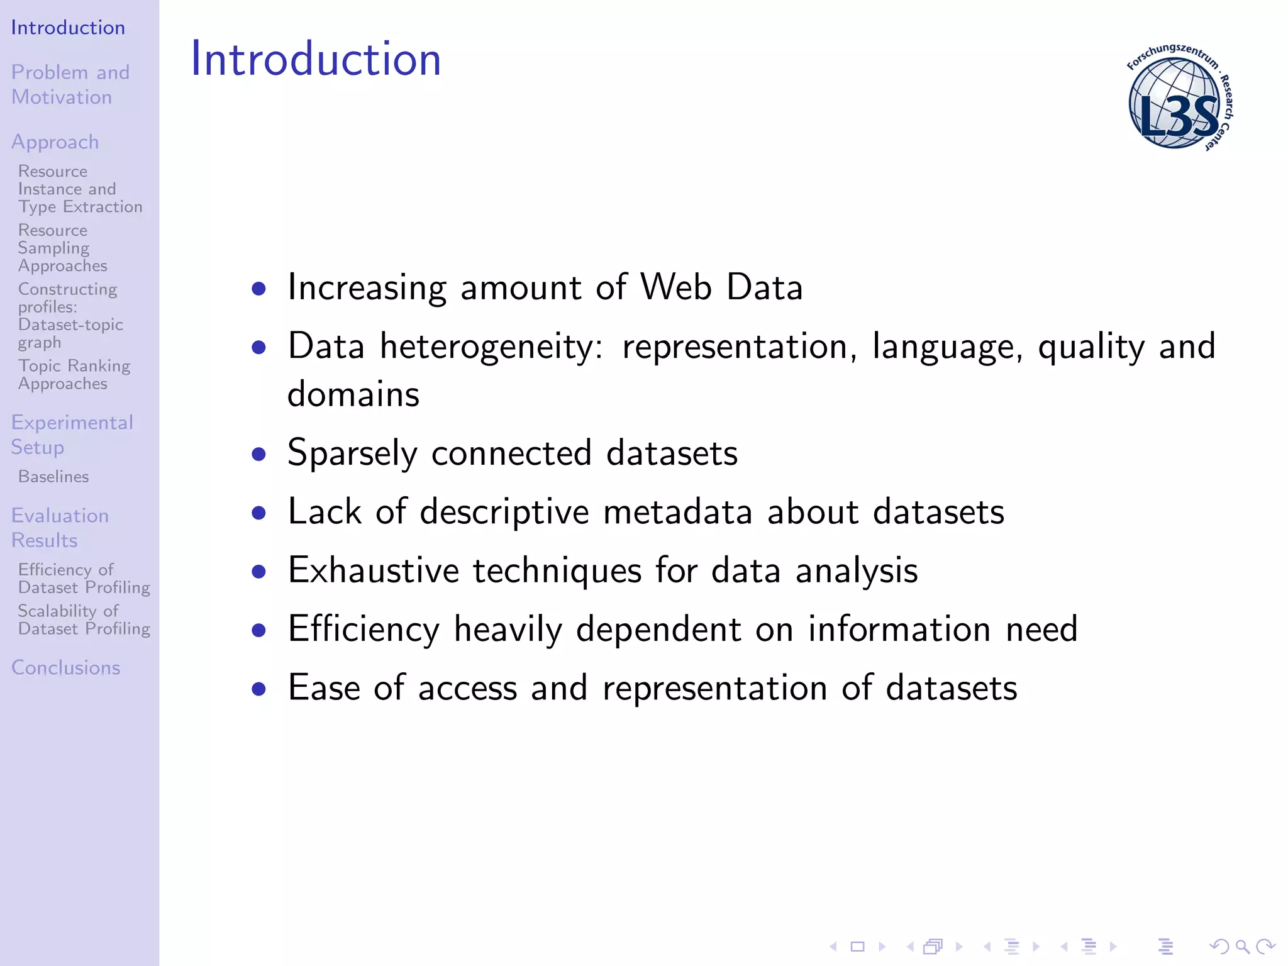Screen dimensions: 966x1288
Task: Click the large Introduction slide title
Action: coord(316,59)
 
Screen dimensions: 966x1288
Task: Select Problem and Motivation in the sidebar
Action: coord(70,85)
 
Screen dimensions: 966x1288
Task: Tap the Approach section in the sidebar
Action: coord(55,142)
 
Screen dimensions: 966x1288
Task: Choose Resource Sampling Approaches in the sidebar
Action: coord(62,248)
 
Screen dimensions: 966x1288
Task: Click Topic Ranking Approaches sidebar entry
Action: coord(74,375)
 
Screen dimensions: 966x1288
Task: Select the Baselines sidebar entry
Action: coord(53,477)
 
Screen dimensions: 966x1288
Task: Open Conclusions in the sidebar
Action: coord(65,667)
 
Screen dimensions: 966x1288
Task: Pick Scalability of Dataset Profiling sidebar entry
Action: coord(84,620)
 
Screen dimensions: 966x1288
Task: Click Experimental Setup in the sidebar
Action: coord(72,435)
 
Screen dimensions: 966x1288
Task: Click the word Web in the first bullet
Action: coord(676,287)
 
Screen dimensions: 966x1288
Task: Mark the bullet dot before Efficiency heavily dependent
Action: coord(258,630)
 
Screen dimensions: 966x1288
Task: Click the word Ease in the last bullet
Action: coord(324,687)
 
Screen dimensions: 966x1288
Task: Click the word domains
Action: coord(353,395)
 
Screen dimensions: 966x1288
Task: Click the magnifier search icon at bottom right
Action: coord(1242,946)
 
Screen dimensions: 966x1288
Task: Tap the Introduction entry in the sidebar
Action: coord(68,28)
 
